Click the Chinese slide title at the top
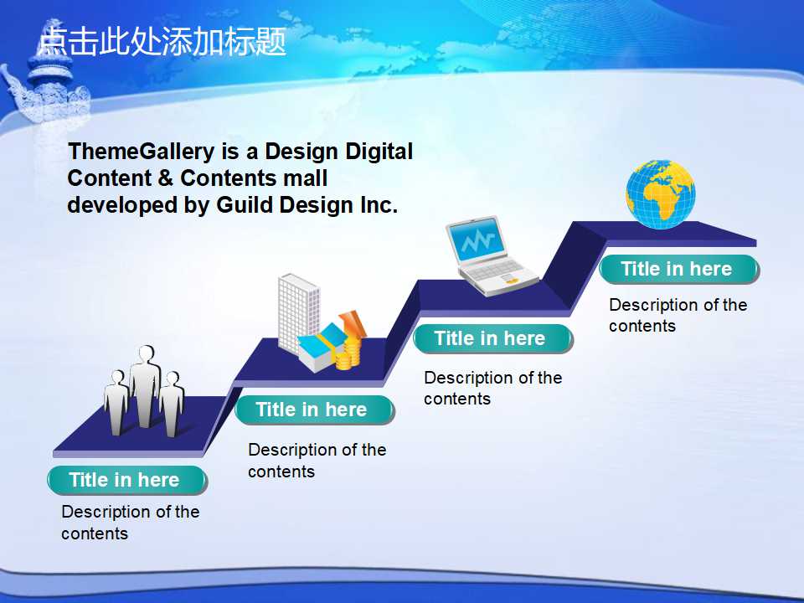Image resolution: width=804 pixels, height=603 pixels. click(162, 41)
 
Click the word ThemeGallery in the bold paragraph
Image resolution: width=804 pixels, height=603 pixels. click(142, 152)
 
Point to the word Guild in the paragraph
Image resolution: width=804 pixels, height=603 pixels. click(245, 204)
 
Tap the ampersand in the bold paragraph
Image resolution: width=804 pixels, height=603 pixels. click(166, 178)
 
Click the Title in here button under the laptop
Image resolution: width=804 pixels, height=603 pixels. click(492, 339)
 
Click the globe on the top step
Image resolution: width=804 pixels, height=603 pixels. click(661, 193)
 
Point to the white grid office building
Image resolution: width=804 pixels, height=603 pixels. click(298, 312)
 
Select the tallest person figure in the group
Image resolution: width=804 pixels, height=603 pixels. click(145, 385)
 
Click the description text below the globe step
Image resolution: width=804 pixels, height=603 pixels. click(678, 316)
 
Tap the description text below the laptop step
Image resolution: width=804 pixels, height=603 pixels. click(492, 388)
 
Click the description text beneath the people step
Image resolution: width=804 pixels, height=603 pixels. click(131, 523)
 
